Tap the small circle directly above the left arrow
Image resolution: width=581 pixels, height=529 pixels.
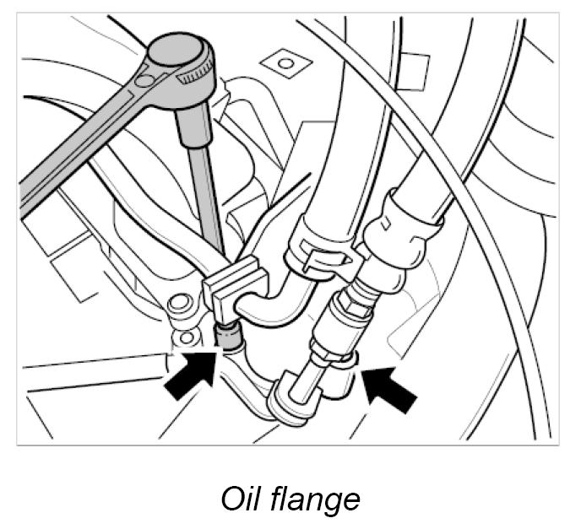pos(187,338)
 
